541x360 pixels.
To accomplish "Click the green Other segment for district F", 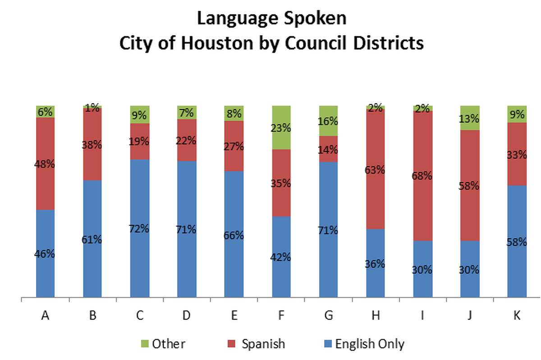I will (281, 128).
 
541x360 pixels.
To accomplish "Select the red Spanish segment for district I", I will (423, 176).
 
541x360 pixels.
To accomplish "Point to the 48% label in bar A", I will (45, 164).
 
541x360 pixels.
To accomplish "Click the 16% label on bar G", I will (328, 121).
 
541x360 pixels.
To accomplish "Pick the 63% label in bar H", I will (376, 170).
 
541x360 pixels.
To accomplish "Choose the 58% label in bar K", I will (517, 242).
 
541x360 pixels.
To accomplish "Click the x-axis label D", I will (187, 316).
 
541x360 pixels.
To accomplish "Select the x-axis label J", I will (470, 316).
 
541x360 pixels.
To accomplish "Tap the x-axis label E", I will (234, 316).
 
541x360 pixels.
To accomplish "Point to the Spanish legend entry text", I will (263, 344).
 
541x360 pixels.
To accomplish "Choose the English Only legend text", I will (370, 344).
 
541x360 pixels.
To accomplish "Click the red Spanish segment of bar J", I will (470, 185).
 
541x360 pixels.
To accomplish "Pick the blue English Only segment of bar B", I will (92, 239).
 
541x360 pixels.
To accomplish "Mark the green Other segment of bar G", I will (328, 121).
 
